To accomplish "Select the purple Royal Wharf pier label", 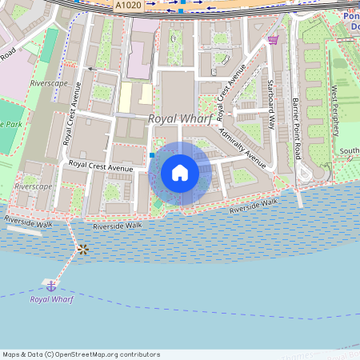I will pos(51,299).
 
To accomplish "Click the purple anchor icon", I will pos(51,285).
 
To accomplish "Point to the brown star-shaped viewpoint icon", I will pos(82,250).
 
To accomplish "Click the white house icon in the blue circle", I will pos(180,173).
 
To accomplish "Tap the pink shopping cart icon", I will pos(274,39).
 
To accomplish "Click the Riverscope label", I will pos(34,186).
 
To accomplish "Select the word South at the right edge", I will pos(349,151).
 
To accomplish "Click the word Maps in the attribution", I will pos(12,354).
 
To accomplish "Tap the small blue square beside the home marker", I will pos(151,154).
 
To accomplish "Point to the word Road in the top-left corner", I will pos(8,54).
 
